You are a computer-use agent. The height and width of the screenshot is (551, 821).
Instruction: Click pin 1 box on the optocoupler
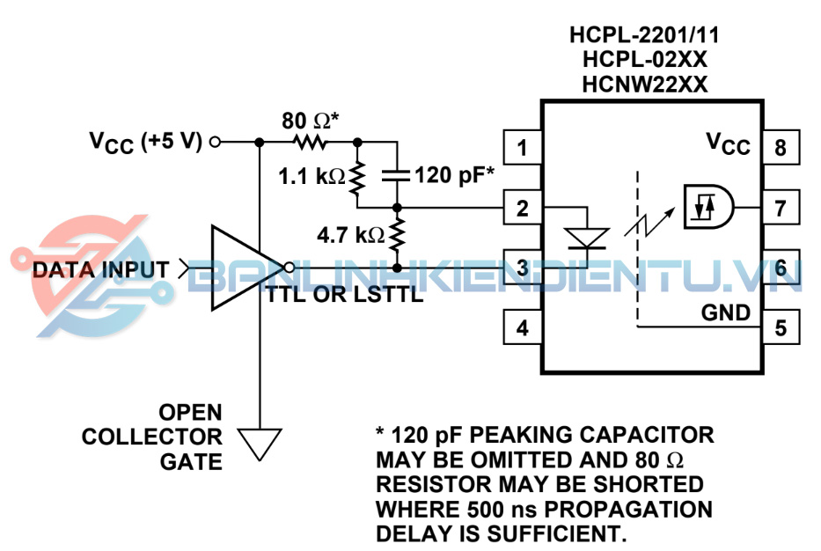[x=523, y=148]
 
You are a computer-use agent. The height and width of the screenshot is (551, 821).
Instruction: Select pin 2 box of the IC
[x=523, y=209]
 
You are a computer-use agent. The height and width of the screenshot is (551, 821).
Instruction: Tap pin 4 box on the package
[x=523, y=328]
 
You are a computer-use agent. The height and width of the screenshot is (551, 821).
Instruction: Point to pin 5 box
[x=781, y=328]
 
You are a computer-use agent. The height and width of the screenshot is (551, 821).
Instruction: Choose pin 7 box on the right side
[x=781, y=209]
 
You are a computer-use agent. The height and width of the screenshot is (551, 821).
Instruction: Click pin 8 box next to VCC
[x=781, y=148]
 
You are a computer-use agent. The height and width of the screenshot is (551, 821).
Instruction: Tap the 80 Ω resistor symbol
[x=309, y=141]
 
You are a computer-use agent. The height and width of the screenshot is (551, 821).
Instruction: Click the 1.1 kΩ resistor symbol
[x=357, y=176]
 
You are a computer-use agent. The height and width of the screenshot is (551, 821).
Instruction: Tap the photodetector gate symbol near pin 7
[x=709, y=208]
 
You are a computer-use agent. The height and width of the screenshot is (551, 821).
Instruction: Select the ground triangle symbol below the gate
[x=260, y=443]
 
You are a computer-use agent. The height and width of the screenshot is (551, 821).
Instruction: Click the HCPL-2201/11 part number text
[x=644, y=36]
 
